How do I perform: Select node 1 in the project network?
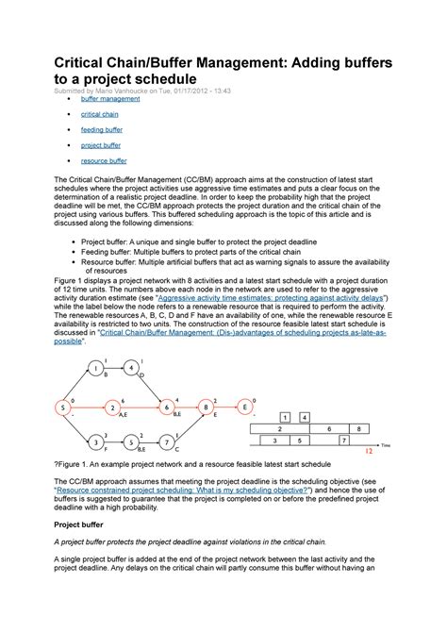pyautogui.click(x=96, y=368)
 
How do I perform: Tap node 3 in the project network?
pyautogui.click(x=96, y=441)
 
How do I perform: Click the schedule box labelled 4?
pyautogui.click(x=305, y=416)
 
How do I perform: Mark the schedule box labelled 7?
pyautogui.click(x=343, y=440)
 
